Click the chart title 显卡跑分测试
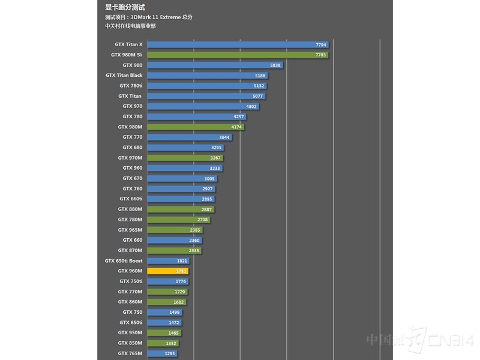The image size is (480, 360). click(x=125, y=8)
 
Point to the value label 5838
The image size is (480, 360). click(x=275, y=65)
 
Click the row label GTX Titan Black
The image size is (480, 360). click(x=124, y=75)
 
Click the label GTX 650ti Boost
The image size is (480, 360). click(x=124, y=260)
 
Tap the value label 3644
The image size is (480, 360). click(x=224, y=137)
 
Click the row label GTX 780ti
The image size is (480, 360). click(x=130, y=85)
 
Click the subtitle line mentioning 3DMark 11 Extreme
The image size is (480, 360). click(x=152, y=17)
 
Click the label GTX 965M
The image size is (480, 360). click(x=130, y=230)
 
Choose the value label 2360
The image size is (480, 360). click(x=194, y=240)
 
